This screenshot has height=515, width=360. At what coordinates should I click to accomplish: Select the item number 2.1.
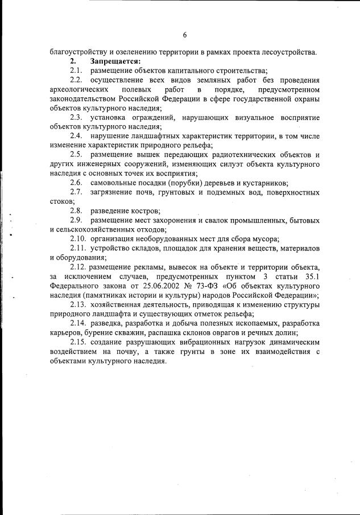tap(77, 71)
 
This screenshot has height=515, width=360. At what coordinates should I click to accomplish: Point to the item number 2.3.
tap(77, 117)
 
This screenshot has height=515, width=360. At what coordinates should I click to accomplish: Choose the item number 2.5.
tap(77, 155)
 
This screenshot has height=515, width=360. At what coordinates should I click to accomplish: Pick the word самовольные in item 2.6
tap(111, 183)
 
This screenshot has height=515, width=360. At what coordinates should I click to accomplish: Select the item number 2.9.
tap(77, 220)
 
